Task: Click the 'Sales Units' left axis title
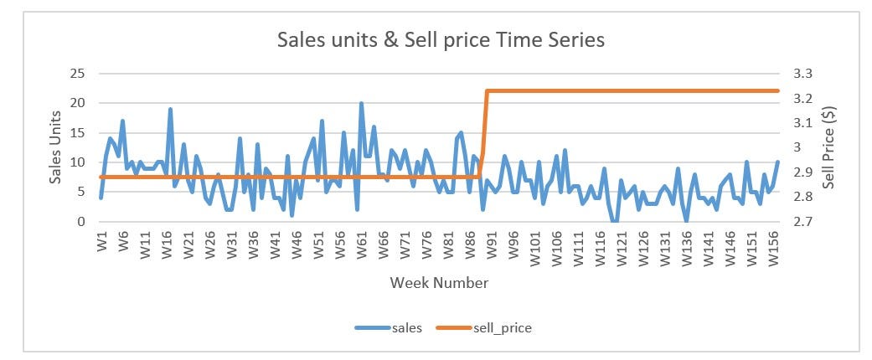[x=55, y=147]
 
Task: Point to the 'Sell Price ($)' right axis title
[x=828, y=147]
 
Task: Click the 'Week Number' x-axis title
[x=439, y=283]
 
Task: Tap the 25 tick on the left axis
[x=78, y=73]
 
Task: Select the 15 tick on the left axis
[x=78, y=132]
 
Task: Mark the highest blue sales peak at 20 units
[x=361, y=104]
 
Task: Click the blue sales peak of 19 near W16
[x=170, y=110]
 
